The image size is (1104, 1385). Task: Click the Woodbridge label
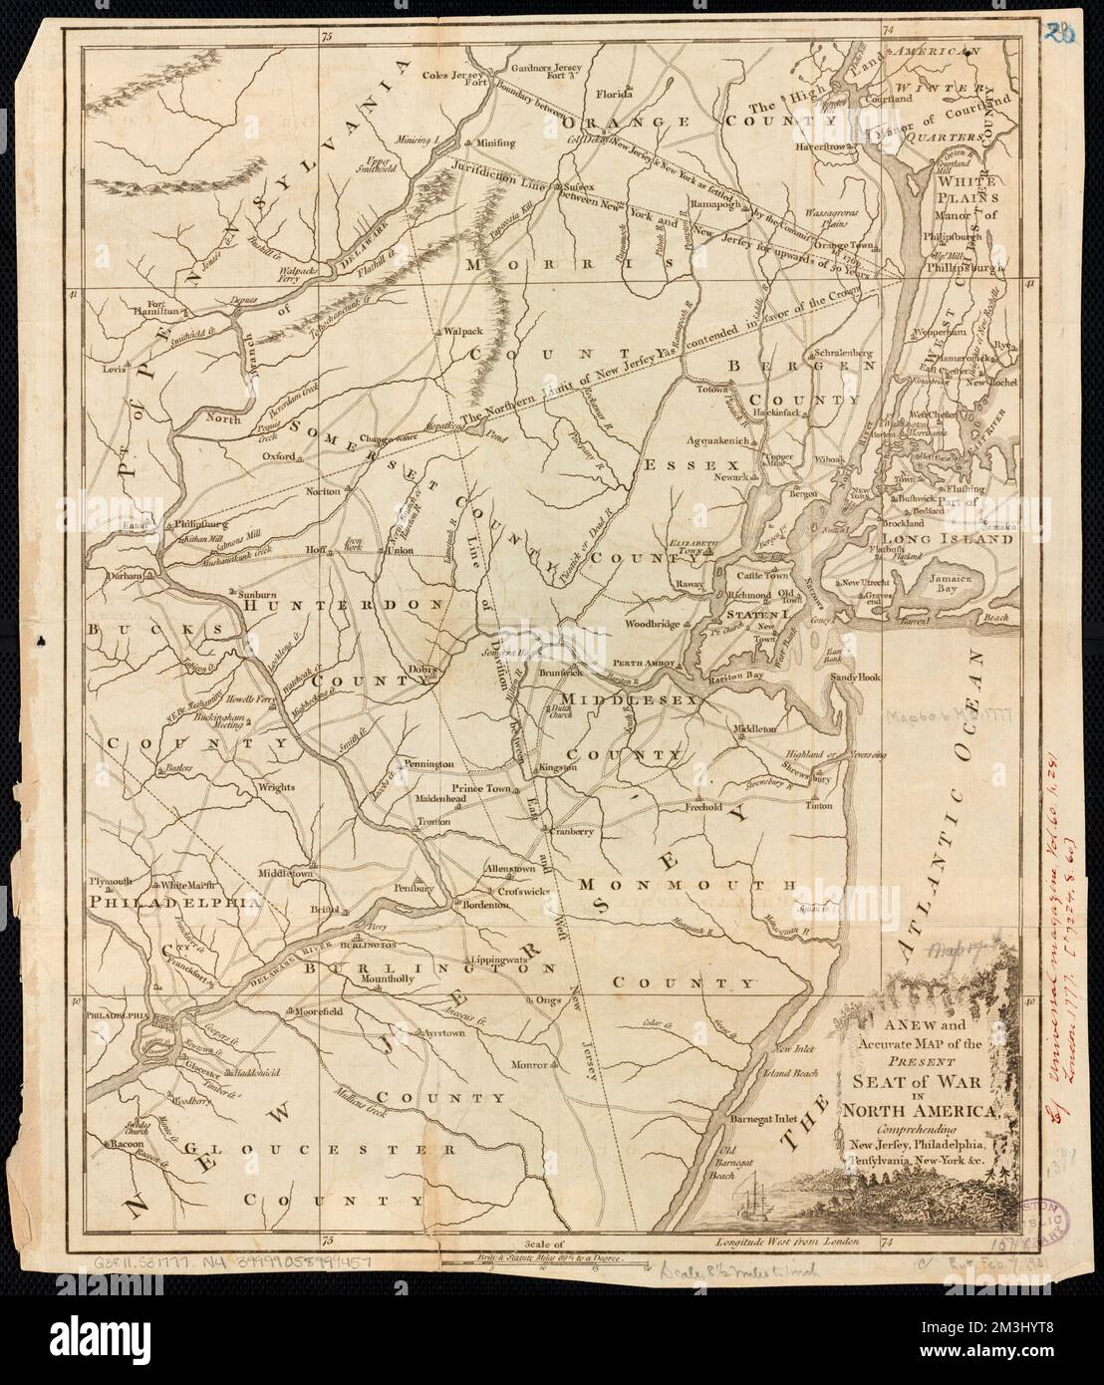(652, 624)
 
